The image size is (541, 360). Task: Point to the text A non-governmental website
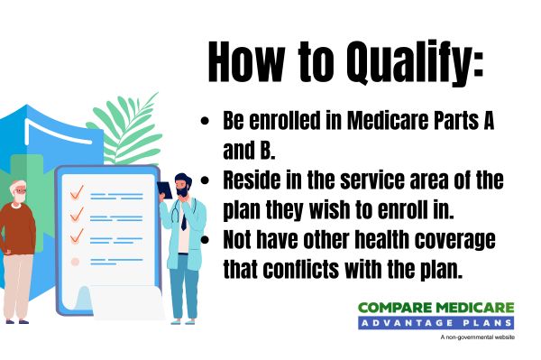point(477,337)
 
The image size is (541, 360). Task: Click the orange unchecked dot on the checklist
point(76,262)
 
